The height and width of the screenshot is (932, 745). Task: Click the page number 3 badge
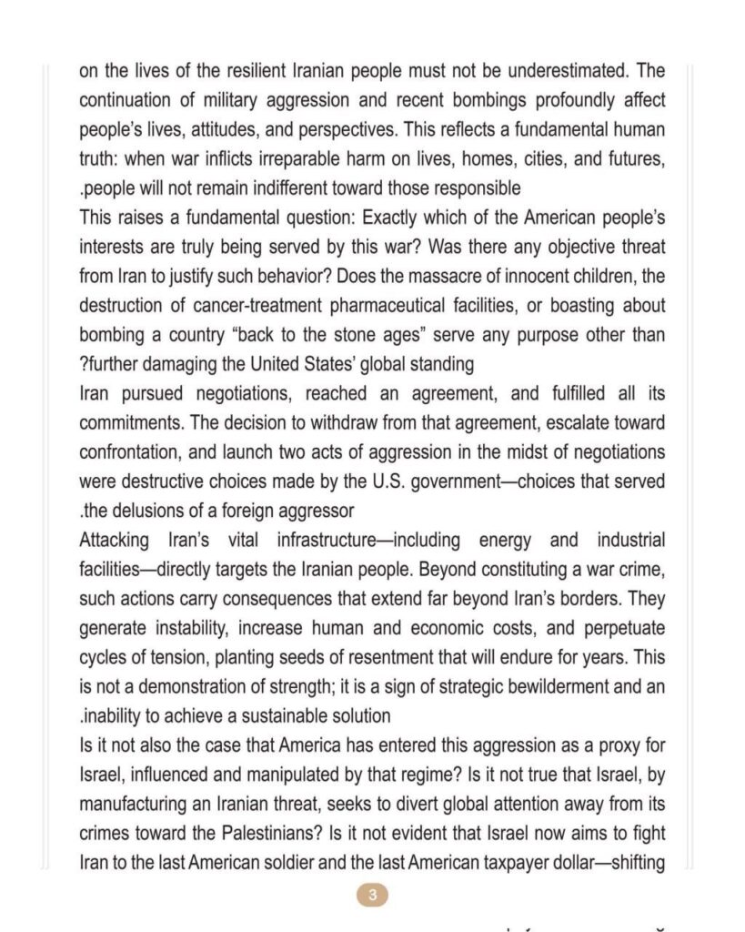[x=372, y=895]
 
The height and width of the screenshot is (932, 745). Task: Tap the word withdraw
[x=302, y=423]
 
